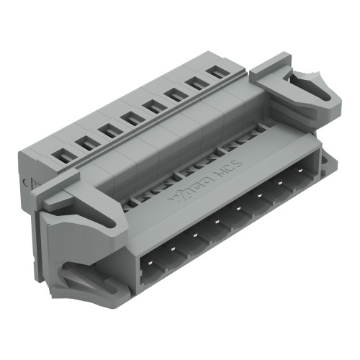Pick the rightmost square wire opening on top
tap(215, 72)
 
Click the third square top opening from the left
tap(109, 130)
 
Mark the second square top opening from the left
tap(87, 142)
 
